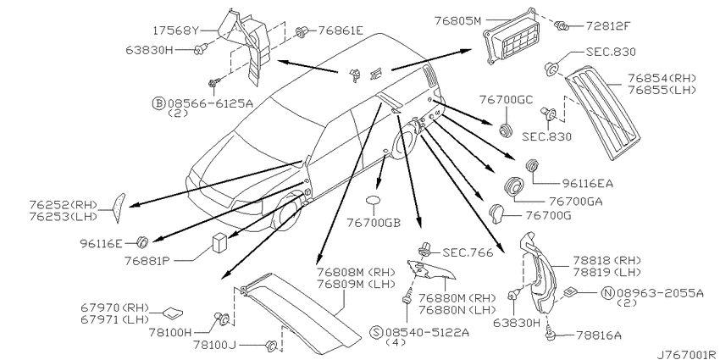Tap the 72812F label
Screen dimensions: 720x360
(x=606, y=25)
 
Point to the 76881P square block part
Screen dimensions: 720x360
(x=219, y=243)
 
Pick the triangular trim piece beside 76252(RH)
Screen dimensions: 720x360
(x=119, y=207)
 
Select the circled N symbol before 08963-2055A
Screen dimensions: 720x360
(x=609, y=293)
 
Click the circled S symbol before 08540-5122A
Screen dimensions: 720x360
(x=377, y=331)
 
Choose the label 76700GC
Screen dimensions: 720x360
(x=507, y=100)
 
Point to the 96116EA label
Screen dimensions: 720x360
(x=588, y=184)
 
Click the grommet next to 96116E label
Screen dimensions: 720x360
(x=143, y=241)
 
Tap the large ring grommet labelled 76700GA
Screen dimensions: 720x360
(x=514, y=187)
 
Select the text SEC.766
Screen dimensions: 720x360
(x=468, y=252)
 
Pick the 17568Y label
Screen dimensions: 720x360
(x=177, y=30)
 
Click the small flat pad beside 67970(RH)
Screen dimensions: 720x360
(x=172, y=313)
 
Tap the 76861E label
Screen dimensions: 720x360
(x=341, y=30)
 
